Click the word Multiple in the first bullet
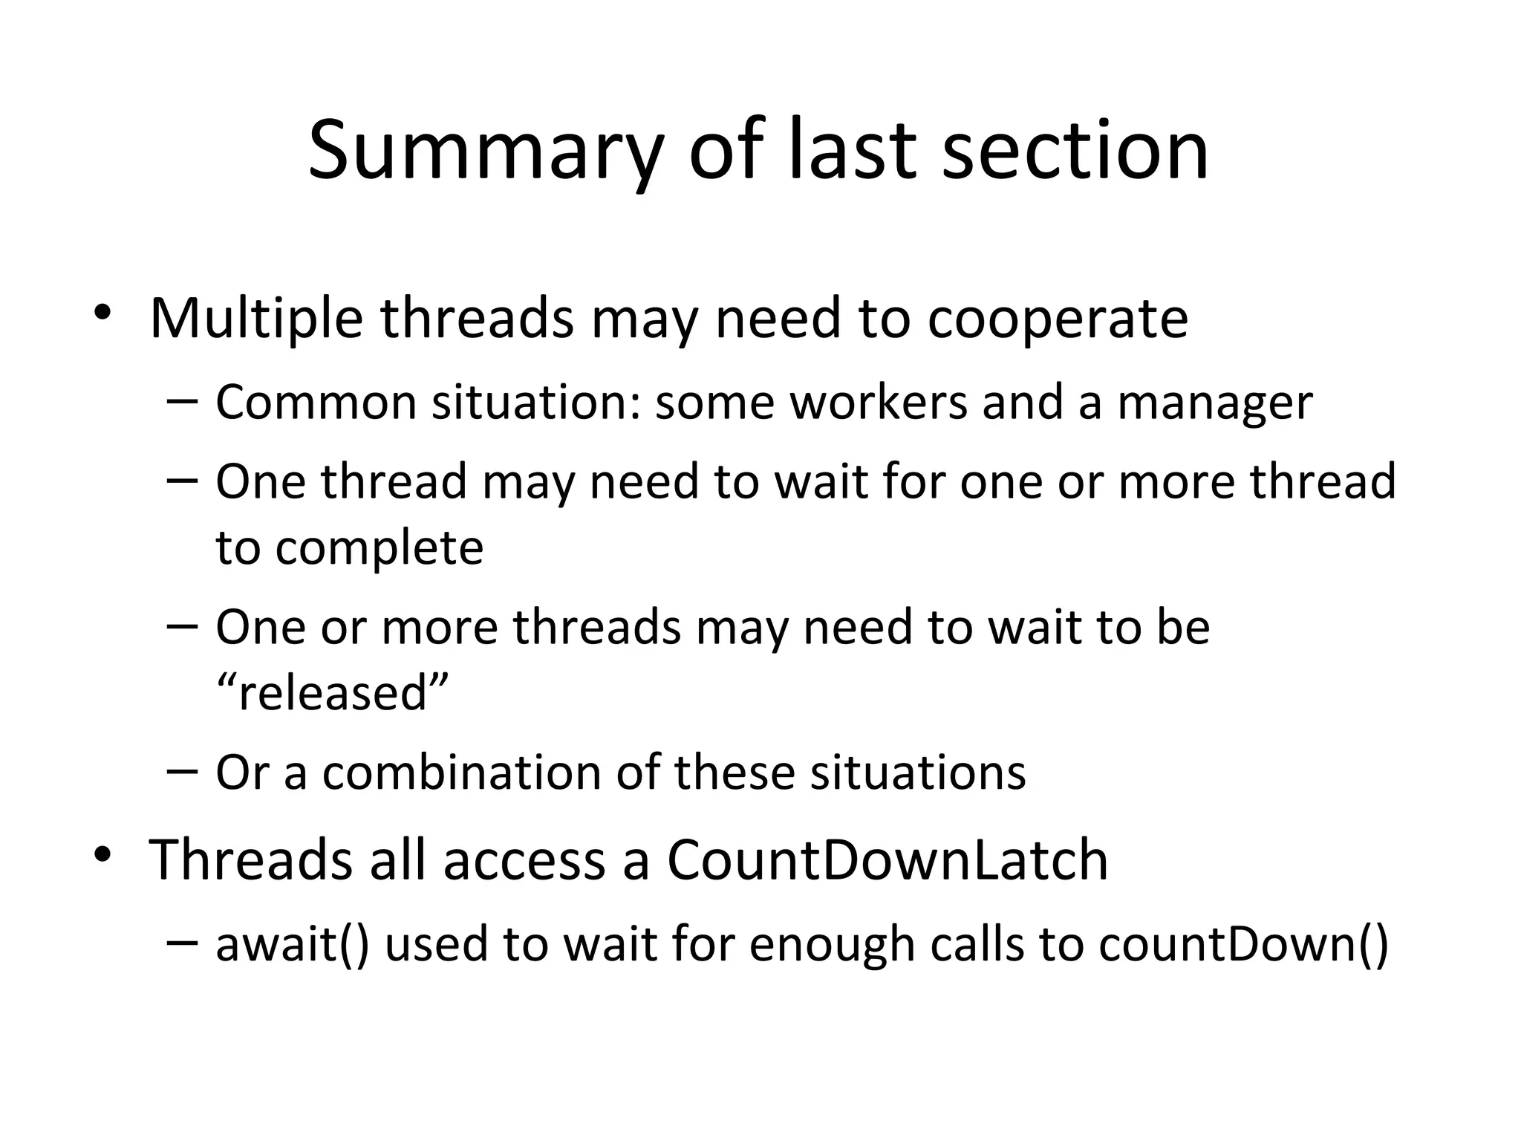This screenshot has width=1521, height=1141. pyautogui.click(x=256, y=319)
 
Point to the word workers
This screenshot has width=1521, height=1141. pyautogui.click(x=878, y=403)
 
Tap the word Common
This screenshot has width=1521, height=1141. pyautogui.click(x=316, y=403)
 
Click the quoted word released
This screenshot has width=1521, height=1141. pyautogui.click(x=333, y=693)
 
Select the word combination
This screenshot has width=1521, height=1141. pyautogui.click(x=461, y=773)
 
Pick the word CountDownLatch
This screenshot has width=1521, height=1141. pyautogui.click(x=887, y=860)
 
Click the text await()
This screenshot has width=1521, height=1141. pyautogui.click(x=292, y=945)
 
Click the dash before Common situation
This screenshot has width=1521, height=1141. pyautogui.click(x=182, y=402)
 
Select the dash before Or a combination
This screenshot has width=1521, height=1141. pyautogui.click(x=182, y=772)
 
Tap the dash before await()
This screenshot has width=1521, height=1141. pyautogui.click(x=182, y=943)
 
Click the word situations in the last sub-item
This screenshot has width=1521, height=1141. pyautogui.click(x=917, y=773)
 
